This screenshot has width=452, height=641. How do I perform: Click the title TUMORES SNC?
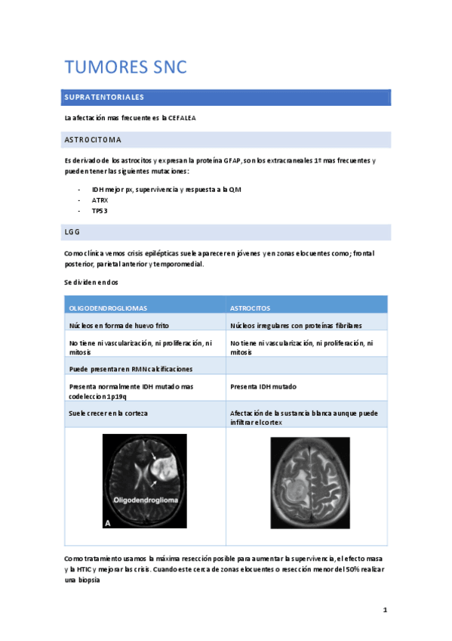click(125, 67)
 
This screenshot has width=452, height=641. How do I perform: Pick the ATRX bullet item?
click(100, 200)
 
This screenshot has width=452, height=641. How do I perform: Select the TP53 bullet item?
click(100, 211)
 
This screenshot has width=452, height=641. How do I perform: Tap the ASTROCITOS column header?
click(251, 308)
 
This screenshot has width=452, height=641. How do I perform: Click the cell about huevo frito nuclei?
click(119, 325)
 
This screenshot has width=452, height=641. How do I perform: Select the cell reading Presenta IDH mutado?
click(263, 386)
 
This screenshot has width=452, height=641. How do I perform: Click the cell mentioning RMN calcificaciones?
click(131, 368)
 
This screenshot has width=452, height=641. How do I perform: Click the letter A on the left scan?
click(109, 522)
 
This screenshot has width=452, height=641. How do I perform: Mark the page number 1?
click(385, 610)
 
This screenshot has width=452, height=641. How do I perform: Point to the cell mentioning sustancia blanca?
click(306, 415)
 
